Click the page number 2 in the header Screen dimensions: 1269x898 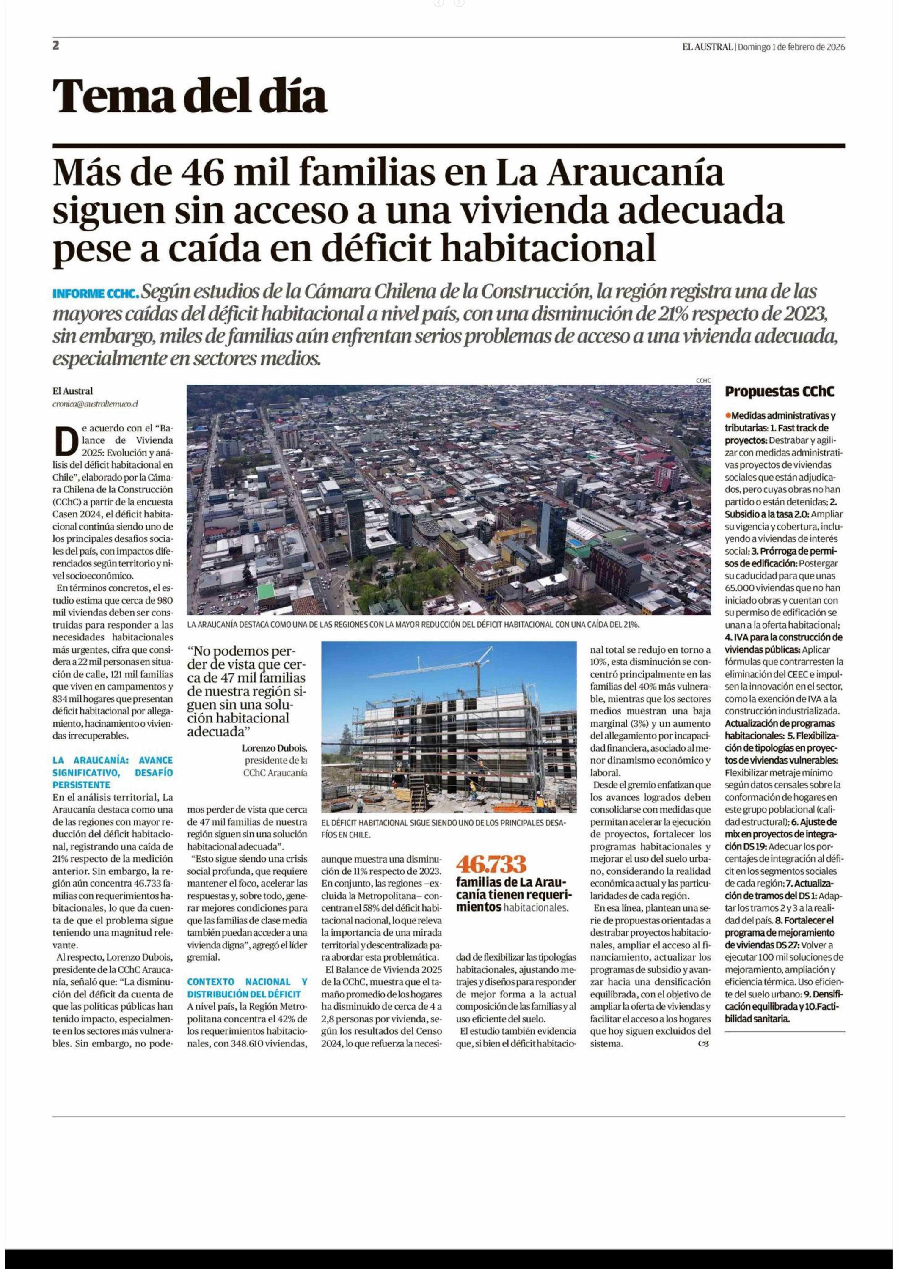tap(56, 46)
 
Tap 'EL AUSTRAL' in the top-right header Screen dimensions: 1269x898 tap(707, 47)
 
